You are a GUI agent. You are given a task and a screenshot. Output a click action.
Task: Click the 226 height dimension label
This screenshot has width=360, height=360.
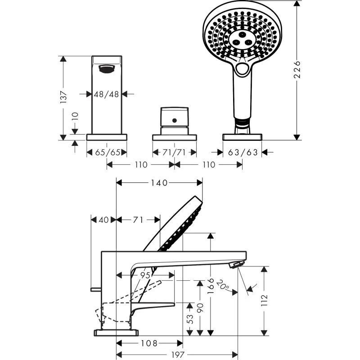click(297, 70)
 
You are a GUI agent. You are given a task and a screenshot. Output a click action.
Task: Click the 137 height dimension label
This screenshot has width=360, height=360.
click(63, 97)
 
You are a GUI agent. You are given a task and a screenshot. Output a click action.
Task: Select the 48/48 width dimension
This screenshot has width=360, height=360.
click(106, 94)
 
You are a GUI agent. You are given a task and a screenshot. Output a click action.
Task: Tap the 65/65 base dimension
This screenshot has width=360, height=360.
click(108, 153)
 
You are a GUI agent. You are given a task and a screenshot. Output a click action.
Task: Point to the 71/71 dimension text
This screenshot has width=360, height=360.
click(174, 153)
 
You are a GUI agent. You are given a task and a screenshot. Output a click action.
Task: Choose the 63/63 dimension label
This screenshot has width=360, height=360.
click(243, 153)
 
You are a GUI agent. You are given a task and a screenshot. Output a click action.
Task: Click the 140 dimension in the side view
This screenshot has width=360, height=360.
click(159, 183)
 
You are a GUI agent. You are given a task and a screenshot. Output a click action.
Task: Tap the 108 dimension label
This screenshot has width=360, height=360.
click(148, 343)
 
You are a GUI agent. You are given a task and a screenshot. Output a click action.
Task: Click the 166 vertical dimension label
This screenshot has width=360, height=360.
click(211, 285)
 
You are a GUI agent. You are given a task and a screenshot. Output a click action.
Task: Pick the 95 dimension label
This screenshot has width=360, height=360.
click(145, 274)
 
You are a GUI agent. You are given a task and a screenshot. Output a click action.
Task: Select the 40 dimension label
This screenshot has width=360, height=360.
click(103, 220)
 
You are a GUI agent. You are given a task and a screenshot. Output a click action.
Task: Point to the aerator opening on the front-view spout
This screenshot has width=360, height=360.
click(107, 69)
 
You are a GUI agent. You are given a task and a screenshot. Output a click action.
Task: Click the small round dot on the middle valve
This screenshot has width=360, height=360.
click(174, 120)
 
